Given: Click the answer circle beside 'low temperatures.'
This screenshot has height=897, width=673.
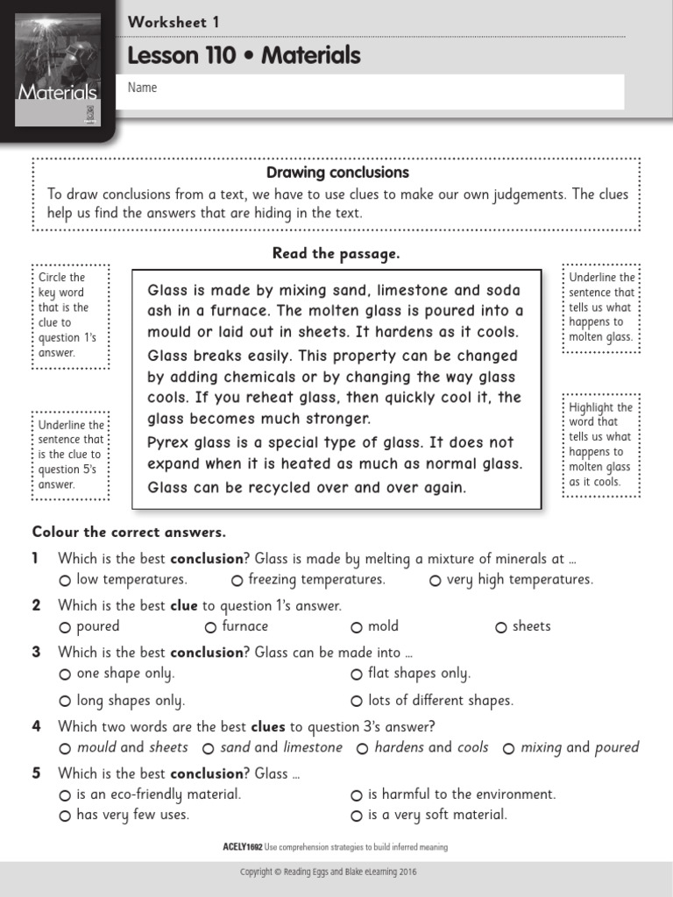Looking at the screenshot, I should click(x=65, y=581).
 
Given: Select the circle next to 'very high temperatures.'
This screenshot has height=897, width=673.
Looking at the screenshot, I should click(x=436, y=581).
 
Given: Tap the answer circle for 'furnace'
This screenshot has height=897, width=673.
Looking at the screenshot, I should click(x=210, y=627).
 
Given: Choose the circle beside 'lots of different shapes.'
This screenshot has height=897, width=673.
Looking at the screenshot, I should click(x=357, y=702).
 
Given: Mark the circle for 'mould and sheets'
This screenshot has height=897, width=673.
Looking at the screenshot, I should click(x=65, y=749).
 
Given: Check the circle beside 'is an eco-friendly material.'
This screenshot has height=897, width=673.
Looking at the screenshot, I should click(x=65, y=795).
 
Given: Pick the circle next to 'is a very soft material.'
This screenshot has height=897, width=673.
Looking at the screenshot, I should click(x=357, y=816).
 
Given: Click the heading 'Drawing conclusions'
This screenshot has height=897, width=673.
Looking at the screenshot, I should click(x=337, y=173).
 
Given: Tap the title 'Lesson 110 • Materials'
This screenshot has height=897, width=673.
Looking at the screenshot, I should click(x=244, y=56).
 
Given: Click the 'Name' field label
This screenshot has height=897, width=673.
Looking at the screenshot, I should click(x=142, y=88).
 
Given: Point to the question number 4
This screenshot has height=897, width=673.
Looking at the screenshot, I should click(x=37, y=726).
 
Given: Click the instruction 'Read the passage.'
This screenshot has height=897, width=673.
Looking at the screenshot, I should click(x=336, y=254).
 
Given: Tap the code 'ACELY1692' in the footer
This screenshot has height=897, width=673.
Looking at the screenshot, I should click(x=243, y=847).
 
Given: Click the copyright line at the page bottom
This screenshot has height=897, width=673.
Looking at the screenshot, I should click(x=336, y=873).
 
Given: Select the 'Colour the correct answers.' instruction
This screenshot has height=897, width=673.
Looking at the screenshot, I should click(x=129, y=532).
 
